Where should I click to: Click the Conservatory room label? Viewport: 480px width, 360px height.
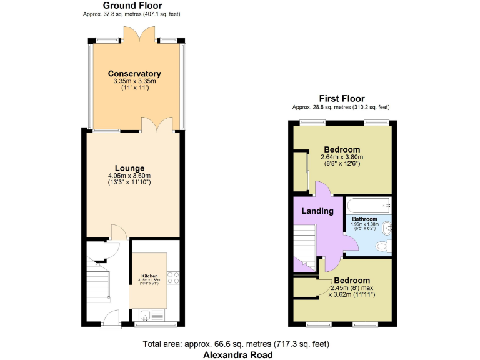134,74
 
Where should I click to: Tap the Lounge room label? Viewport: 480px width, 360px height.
129,168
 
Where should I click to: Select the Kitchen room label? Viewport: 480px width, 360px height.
149,276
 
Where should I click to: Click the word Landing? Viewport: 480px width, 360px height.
317,211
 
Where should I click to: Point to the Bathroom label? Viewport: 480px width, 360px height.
364,219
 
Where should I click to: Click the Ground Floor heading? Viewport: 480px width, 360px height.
132,6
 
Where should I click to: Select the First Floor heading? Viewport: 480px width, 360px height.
341,98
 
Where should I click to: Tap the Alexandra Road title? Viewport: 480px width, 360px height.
238,355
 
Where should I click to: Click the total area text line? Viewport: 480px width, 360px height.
236,344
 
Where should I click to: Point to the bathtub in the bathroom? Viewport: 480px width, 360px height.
367,205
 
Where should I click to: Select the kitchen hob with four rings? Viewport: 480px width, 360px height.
173,279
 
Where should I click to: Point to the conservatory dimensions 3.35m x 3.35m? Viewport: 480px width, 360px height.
134,81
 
